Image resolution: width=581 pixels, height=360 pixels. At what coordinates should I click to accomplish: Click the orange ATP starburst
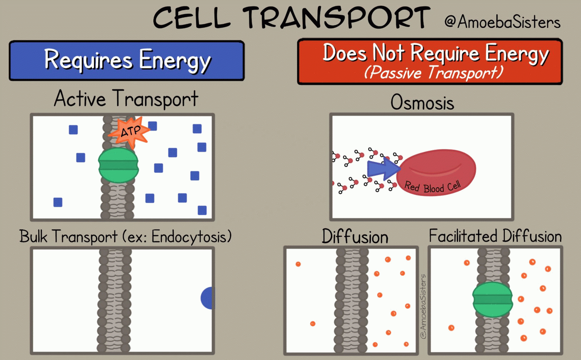point(130,132)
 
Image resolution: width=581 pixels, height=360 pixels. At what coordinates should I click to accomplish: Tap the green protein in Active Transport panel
point(118,165)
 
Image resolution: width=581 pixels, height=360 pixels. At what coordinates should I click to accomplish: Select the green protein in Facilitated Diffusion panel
point(492,300)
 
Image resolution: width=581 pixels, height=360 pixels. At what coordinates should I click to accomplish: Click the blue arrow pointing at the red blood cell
point(383,169)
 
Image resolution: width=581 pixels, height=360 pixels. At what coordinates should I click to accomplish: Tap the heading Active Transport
point(126,98)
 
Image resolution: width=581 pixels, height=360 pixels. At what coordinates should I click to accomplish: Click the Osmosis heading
point(422,102)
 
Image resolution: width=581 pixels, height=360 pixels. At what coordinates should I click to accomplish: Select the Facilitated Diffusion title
point(495,236)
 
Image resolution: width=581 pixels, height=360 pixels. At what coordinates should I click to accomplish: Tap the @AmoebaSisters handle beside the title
point(502,22)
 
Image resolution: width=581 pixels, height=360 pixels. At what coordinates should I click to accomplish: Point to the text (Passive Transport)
point(434,72)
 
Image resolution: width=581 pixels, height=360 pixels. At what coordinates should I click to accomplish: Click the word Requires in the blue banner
point(88,60)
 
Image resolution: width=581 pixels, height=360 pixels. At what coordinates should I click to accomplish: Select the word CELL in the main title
point(192,18)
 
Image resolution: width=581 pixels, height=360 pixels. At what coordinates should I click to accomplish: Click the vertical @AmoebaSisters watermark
point(423,306)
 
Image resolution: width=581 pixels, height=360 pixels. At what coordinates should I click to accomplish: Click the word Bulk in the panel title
point(33,236)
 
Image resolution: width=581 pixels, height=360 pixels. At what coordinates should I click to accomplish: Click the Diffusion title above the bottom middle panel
point(355,236)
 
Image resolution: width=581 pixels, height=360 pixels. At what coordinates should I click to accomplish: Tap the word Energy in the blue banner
point(175,60)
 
